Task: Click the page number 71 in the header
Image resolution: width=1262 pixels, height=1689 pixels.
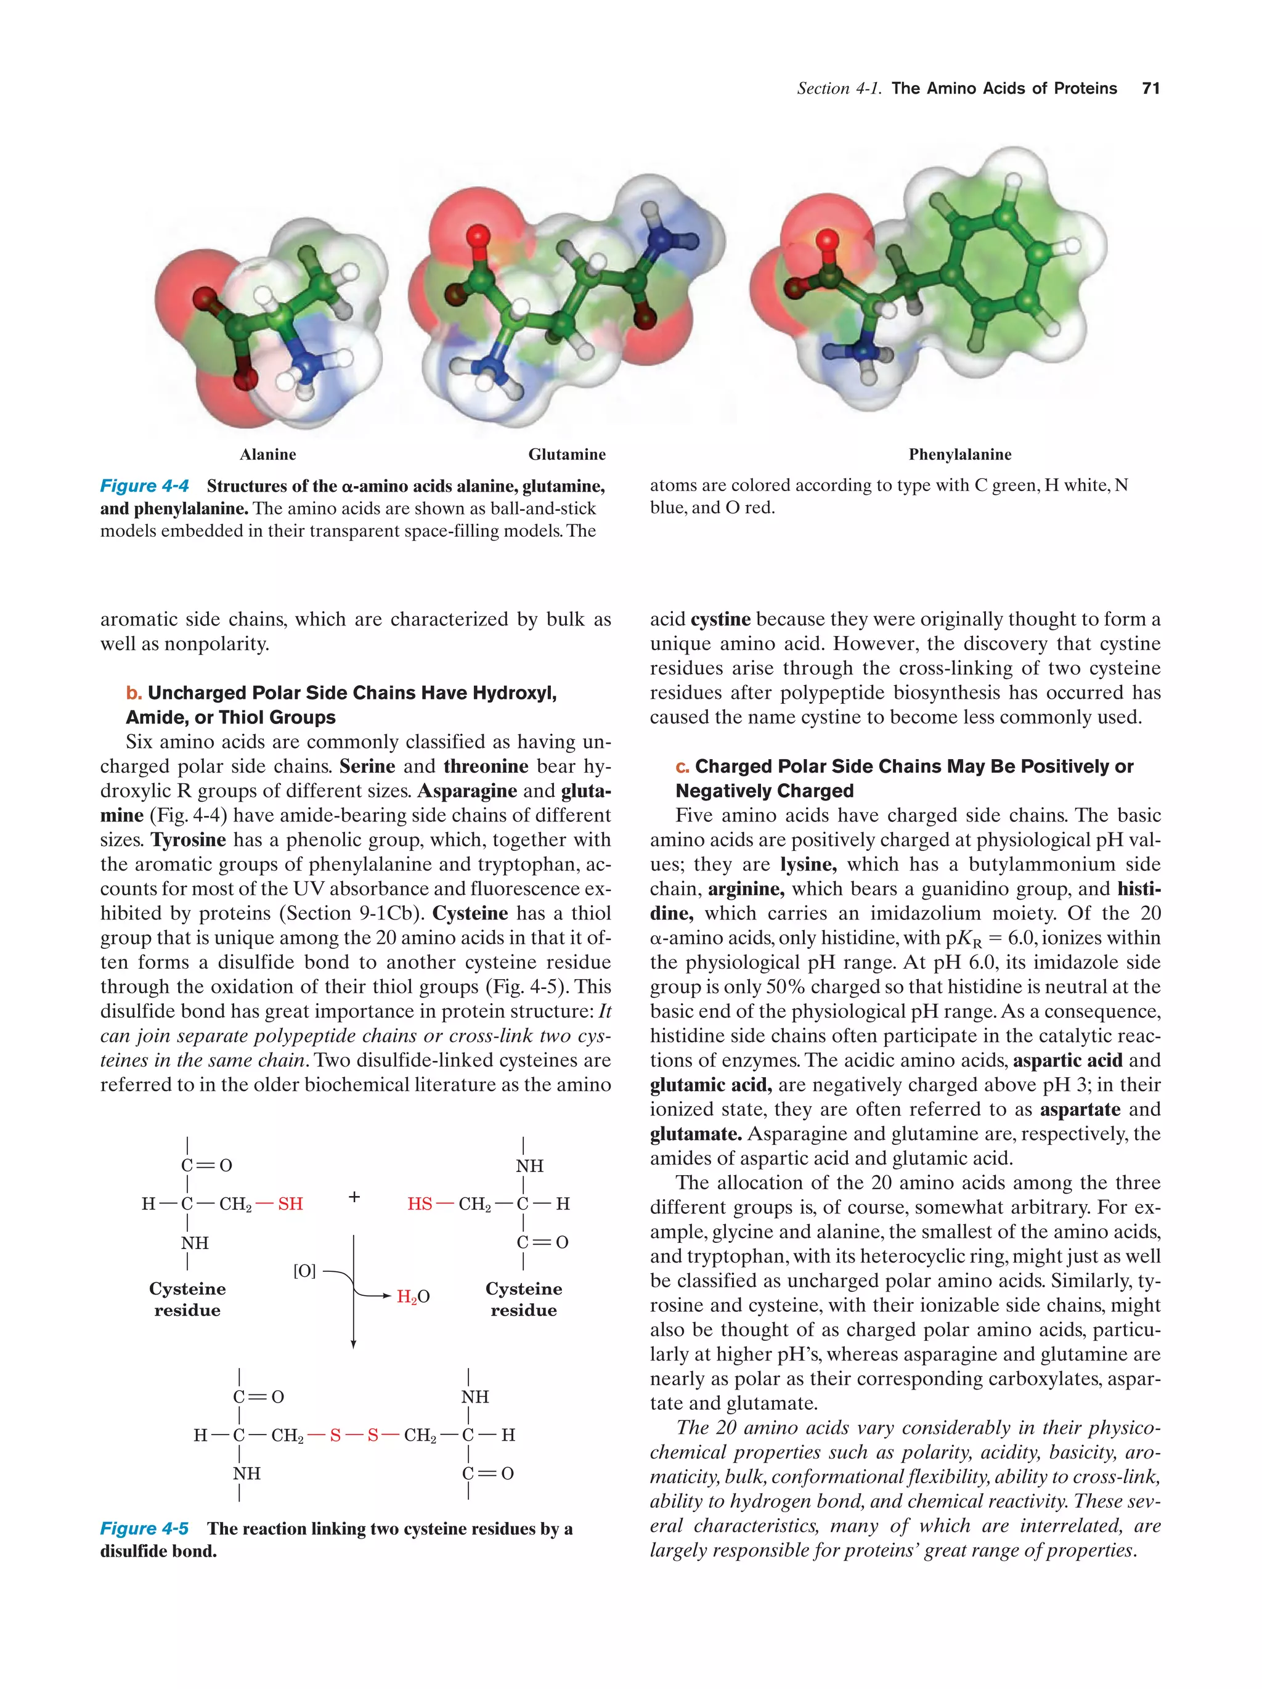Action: click(x=1150, y=89)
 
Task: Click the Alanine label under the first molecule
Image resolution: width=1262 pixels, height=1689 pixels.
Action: click(x=267, y=454)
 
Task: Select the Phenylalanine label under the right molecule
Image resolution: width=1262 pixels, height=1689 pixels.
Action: click(x=959, y=454)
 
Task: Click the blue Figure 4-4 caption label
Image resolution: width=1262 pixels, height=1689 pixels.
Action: click(x=144, y=486)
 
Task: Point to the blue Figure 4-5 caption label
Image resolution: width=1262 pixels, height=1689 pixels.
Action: click(x=144, y=1528)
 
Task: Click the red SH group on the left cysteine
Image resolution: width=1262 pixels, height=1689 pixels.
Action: click(x=290, y=1203)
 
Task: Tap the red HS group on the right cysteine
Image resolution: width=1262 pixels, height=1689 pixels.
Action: click(x=419, y=1203)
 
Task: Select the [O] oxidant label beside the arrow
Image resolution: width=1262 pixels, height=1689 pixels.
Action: click(x=304, y=1271)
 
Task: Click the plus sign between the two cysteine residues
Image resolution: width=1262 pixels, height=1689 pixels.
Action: click(x=354, y=1197)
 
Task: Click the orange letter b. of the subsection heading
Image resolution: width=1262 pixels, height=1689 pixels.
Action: click(x=134, y=693)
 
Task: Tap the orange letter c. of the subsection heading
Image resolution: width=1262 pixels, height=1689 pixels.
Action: click(x=683, y=766)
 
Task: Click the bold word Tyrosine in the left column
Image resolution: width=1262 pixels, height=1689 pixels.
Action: click(x=189, y=840)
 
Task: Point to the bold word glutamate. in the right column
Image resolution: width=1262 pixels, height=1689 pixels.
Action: click(x=696, y=1134)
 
